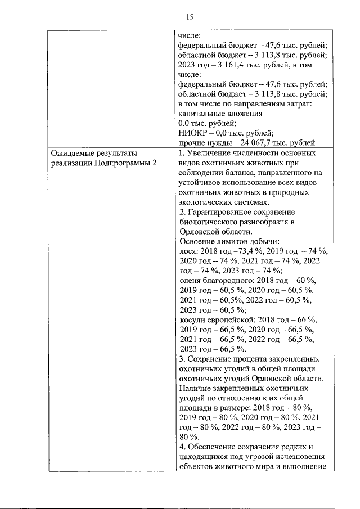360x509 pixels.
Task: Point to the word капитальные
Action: [x=201, y=113]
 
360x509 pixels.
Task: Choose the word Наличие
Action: [x=194, y=388]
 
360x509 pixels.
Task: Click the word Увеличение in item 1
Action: [x=211, y=153]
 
